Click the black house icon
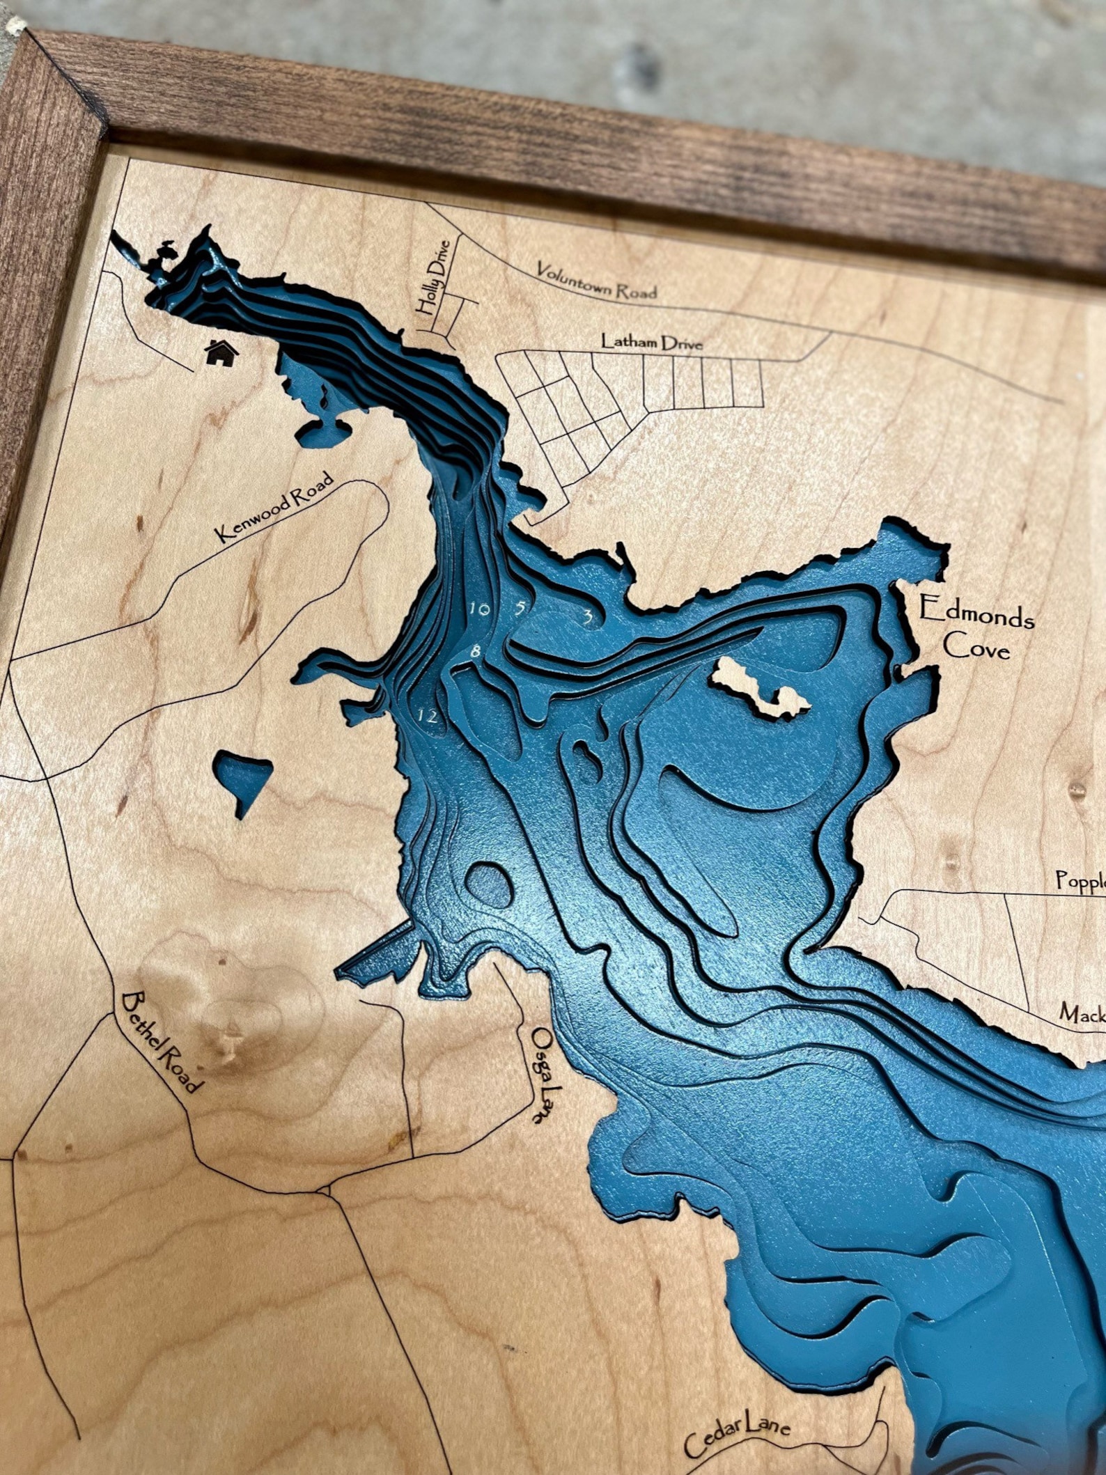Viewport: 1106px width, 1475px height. pos(222,352)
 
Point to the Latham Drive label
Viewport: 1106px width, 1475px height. pos(652,342)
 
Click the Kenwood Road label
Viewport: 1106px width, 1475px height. pos(275,507)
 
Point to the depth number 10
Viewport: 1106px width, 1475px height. pos(479,609)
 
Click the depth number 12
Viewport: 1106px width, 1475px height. pos(428,715)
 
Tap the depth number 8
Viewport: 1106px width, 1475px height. pos(476,653)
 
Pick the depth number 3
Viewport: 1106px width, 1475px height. pos(589,616)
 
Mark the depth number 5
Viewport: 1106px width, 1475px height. pos(520,607)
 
